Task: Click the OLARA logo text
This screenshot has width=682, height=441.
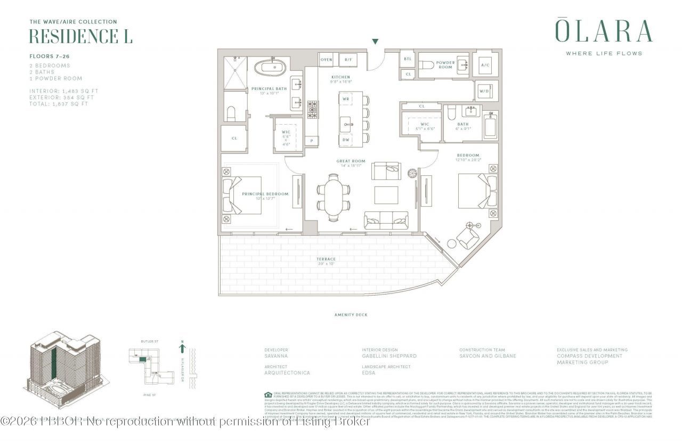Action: click(604, 31)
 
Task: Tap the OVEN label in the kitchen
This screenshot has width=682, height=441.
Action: click(326, 60)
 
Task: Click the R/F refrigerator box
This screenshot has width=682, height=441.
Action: click(347, 60)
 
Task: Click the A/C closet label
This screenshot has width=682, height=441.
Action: click(485, 65)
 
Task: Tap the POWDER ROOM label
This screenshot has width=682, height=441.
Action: click(445, 65)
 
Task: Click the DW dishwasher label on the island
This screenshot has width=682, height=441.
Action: click(346, 140)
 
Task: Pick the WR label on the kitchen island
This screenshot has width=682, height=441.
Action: click(346, 100)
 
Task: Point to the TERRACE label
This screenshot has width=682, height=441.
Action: click(326, 259)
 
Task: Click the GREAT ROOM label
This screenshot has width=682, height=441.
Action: click(350, 161)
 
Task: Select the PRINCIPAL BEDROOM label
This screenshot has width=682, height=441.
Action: click(265, 194)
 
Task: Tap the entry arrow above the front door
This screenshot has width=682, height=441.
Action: click(375, 42)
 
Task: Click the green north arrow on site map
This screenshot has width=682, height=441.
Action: click(182, 349)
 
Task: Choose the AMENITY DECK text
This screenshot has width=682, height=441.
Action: click(351, 315)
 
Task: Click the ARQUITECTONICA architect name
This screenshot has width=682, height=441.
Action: click(287, 373)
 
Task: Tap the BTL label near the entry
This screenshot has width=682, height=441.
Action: click(408, 59)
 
